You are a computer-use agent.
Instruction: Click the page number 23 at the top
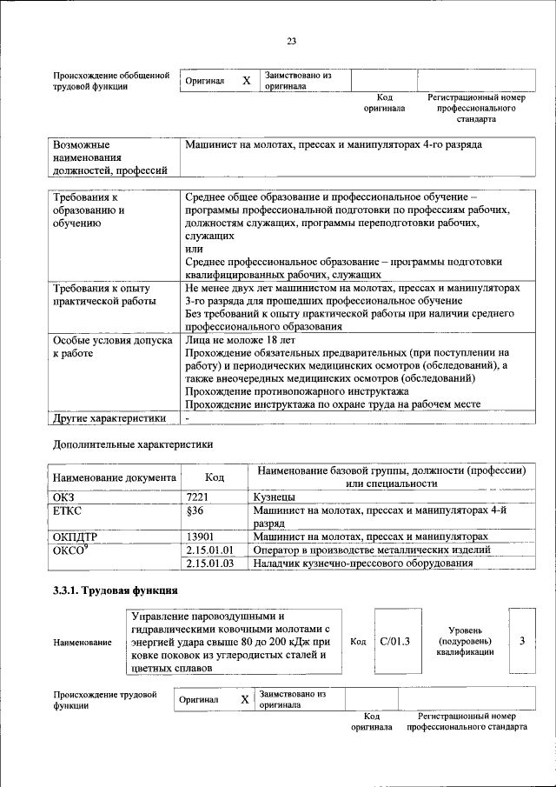(292, 41)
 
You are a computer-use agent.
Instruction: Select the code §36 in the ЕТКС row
(195, 510)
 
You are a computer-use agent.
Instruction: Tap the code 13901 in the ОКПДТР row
(201, 537)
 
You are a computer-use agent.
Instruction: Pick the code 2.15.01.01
(210, 550)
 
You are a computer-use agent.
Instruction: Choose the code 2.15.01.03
(210, 564)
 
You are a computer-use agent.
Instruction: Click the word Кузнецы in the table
(274, 496)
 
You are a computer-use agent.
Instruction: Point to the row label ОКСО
(70, 550)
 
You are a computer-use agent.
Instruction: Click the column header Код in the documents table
(214, 477)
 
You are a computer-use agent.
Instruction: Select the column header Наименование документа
(114, 477)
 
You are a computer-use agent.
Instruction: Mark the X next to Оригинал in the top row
(246, 81)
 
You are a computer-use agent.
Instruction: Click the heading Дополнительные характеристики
(133, 444)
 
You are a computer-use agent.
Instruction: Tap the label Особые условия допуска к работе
(112, 348)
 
